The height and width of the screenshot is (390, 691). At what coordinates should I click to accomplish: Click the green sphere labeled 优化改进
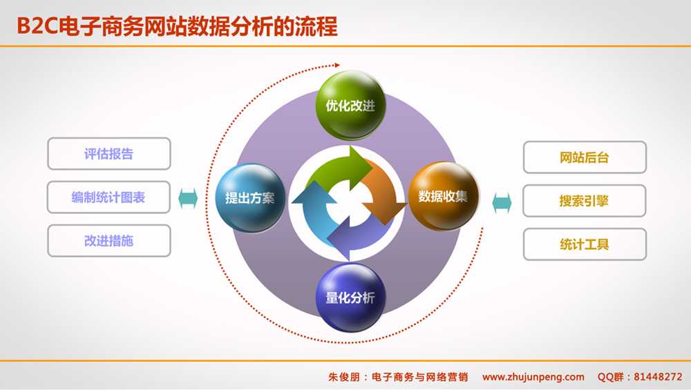coord(350,106)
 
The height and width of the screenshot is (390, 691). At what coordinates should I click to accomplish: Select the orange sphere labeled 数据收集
coord(443,196)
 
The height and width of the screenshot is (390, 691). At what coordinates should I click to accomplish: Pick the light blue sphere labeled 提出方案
coord(249,197)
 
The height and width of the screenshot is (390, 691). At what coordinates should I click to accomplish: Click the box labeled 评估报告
coord(108,154)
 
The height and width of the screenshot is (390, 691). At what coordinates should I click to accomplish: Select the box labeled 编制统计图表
coord(108,197)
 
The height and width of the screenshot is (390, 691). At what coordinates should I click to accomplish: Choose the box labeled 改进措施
coord(108,241)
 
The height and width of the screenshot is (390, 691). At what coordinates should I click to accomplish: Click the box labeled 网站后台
coord(585,157)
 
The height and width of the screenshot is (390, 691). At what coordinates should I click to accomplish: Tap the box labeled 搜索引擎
coord(585,201)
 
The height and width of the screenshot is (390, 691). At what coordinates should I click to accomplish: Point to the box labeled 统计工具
coord(585,244)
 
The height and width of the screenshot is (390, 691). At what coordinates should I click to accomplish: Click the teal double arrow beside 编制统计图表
coord(188,198)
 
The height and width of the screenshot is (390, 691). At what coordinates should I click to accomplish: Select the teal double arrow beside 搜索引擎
coord(502,202)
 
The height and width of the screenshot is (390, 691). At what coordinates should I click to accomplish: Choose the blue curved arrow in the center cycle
coord(315,207)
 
